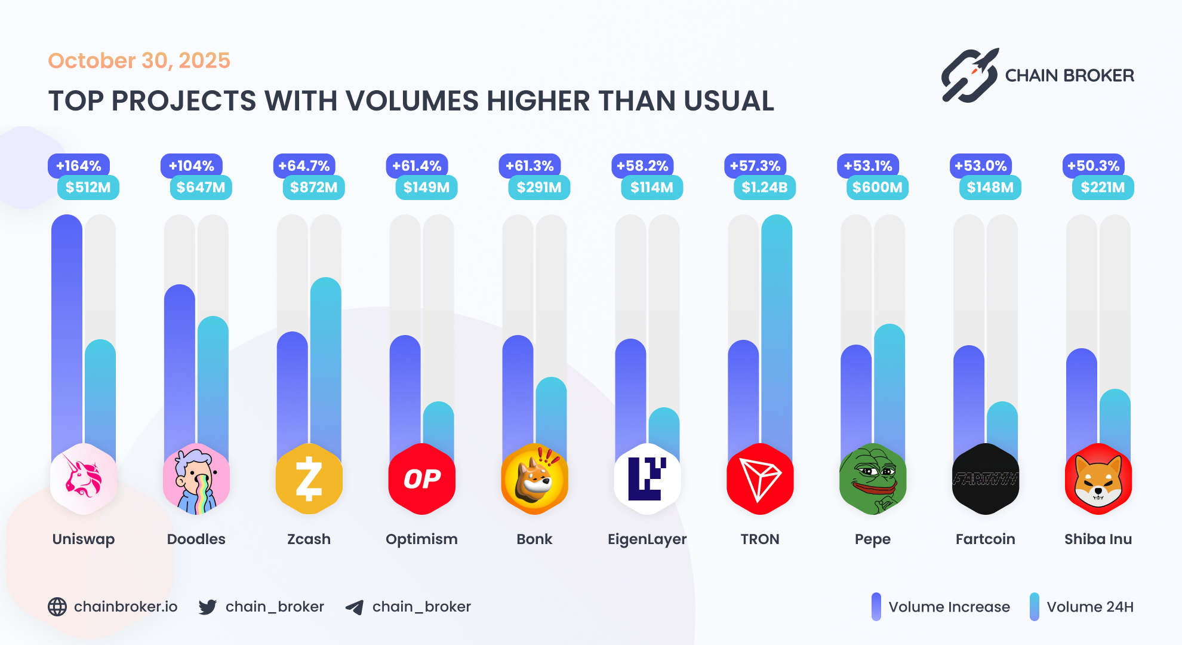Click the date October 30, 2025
138,60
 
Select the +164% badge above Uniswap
78,165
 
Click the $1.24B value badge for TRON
764,188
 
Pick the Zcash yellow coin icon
309,479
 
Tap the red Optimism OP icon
421,479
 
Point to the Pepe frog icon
872,479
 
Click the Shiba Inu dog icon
1098,479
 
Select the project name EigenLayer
647,539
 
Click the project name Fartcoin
985,539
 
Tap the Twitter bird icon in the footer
207,607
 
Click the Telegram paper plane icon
354,607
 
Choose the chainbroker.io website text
125,607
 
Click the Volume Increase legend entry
949,607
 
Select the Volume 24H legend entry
1089,607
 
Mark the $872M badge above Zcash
313,188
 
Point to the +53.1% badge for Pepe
867,165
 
